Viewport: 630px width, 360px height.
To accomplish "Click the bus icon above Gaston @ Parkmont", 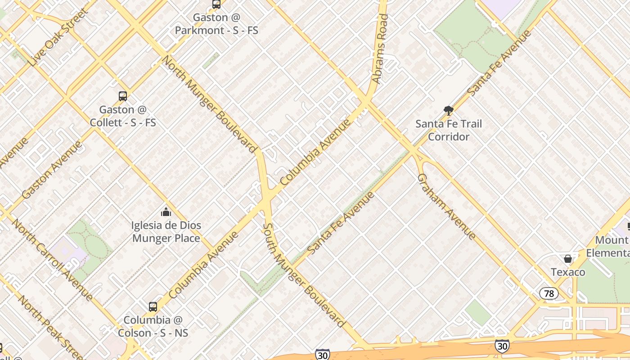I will tap(216, 4).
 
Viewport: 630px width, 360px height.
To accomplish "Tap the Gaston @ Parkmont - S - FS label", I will tap(216, 24).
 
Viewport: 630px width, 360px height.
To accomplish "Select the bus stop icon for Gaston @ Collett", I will tap(122, 96).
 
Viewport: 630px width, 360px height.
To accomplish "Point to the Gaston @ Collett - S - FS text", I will tap(123, 116).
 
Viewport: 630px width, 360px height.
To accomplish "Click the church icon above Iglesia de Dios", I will tap(166, 211).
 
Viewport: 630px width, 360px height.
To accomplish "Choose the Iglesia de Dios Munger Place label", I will tap(166, 232).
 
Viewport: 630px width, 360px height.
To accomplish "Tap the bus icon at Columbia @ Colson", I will tap(153, 307).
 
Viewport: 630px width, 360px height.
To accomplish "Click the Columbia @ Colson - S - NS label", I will tap(153, 327).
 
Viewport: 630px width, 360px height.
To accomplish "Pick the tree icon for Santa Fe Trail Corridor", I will tap(448, 110).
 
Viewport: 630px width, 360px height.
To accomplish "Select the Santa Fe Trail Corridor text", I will tap(448, 130).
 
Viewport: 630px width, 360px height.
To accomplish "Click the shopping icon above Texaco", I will tap(568, 259).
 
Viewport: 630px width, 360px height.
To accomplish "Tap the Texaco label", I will tap(568, 272).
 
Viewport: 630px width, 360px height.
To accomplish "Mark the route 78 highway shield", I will tap(549, 294).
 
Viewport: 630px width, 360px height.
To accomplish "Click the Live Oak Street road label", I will tap(58, 37).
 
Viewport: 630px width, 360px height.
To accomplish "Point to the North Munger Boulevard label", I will tap(209, 103).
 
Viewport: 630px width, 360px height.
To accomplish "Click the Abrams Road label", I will tap(380, 49).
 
